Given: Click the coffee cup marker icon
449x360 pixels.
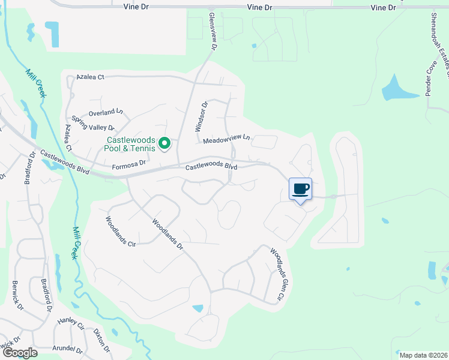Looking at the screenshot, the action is coord(301,190).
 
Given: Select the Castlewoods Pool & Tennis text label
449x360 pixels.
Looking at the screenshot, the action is coord(127,143).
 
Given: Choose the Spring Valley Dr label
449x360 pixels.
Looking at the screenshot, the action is coord(93,123).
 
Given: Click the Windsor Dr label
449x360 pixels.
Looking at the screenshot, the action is coord(201,116).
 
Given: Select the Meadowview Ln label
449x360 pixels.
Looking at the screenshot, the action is coord(226,140).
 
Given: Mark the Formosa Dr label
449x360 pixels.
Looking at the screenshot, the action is coord(129,163).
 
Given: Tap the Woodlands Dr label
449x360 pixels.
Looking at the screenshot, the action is coord(167,234).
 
